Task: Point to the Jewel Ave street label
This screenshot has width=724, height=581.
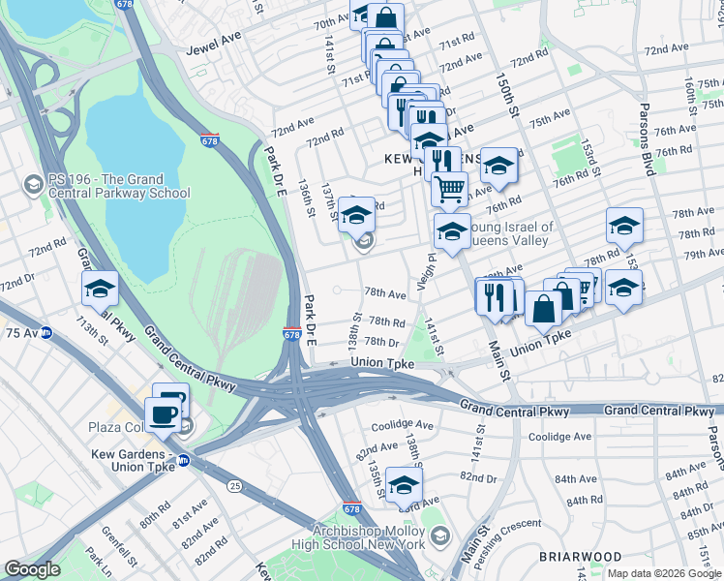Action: pyautogui.click(x=216, y=42)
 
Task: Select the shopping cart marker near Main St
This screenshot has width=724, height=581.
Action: pyautogui.click(x=448, y=188)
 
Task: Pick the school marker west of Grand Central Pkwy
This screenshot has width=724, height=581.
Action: pyautogui.click(x=100, y=288)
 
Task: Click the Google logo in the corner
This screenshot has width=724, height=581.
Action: pyautogui.click(x=33, y=569)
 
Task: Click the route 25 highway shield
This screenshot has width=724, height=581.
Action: pyautogui.click(x=236, y=483)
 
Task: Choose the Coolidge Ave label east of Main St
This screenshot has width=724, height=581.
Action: pyautogui.click(x=560, y=437)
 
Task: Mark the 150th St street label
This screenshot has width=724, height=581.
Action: pyautogui.click(x=501, y=93)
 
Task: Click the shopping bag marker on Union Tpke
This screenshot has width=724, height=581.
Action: pyautogui.click(x=544, y=308)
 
